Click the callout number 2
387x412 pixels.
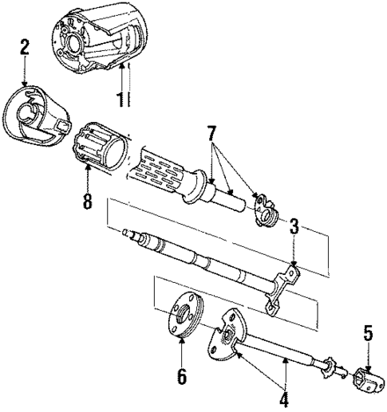(25, 46)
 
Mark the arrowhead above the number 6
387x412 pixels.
(183, 337)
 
